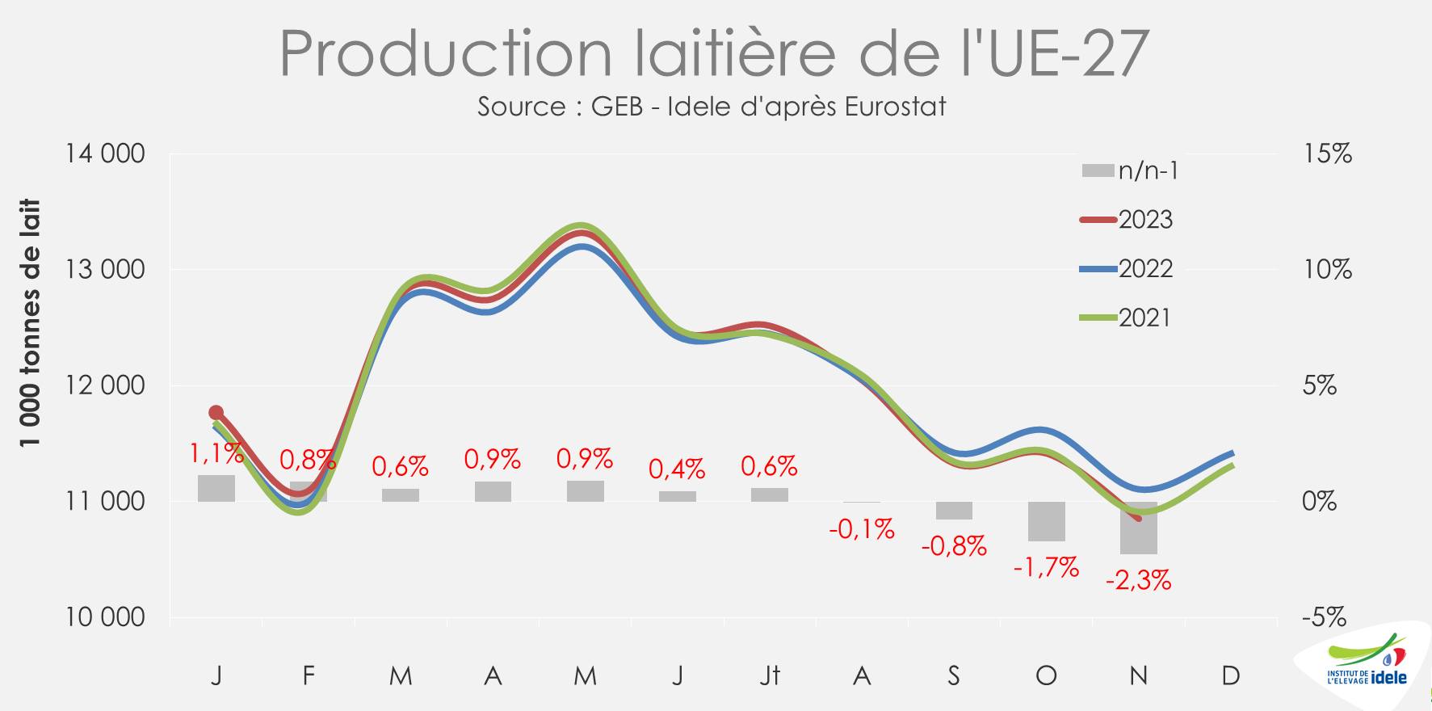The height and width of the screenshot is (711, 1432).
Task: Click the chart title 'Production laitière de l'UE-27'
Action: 714,53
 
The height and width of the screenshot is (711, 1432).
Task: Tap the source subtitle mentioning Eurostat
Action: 711,107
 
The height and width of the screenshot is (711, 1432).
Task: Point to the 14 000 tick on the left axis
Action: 105,154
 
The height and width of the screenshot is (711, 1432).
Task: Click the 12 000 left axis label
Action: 105,385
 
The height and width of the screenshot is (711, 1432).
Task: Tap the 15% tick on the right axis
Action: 1327,154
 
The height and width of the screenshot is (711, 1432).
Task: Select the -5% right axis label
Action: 1324,618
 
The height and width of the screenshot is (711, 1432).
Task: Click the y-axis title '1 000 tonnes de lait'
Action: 31,323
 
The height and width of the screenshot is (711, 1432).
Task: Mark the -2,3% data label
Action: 1138,580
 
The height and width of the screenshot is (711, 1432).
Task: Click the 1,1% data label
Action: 216,454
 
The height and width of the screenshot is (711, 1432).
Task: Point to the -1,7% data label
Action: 1046,568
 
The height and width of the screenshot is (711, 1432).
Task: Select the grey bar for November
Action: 1138,528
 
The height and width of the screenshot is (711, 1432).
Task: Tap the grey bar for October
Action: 1046,521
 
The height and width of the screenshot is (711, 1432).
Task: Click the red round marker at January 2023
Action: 216,413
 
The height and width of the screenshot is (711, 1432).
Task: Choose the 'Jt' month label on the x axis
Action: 770,675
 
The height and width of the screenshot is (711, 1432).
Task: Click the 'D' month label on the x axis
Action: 1230,675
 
